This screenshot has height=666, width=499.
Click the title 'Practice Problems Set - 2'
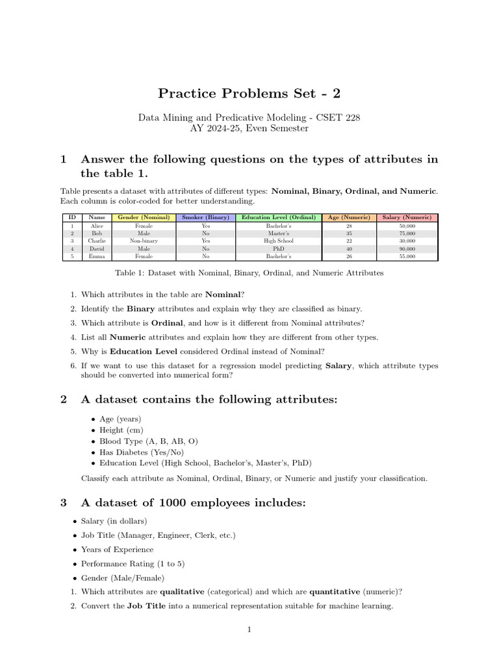pyautogui.click(x=249, y=93)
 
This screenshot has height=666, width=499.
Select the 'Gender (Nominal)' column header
pyautogui.click(x=144, y=217)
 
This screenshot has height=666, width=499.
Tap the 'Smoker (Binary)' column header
pyautogui.click(x=205, y=217)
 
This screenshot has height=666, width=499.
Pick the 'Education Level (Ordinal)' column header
pyautogui.click(x=279, y=217)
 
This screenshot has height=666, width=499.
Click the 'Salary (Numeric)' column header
pyautogui.click(x=407, y=217)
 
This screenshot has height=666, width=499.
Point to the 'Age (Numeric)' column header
pyautogui.click(x=349, y=217)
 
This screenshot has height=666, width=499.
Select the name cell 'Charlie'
pyautogui.click(x=97, y=241)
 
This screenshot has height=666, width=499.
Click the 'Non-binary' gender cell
pyautogui.click(x=144, y=241)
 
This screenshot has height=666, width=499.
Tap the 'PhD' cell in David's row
pyautogui.click(x=279, y=248)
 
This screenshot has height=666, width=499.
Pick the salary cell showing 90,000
pyautogui.click(x=407, y=248)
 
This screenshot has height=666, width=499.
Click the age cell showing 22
pyautogui.click(x=349, y=241)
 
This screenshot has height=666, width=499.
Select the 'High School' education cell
pyautogui.click(x=279, y=241)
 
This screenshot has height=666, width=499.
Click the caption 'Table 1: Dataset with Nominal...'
pyautogui.click(x=249, y=273)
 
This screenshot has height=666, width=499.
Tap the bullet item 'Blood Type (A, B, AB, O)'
pyautogui.click(x=149, y=441)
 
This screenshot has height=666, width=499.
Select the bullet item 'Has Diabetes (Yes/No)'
pyautogui.click(x=141, y=452)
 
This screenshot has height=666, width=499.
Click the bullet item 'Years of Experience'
pyautogui.click(x=117, y=550)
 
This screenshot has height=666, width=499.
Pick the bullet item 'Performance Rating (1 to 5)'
pyautogui.click(x=132, y=563)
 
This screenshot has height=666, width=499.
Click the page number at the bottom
pyautogui.click(x=249, y=629)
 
